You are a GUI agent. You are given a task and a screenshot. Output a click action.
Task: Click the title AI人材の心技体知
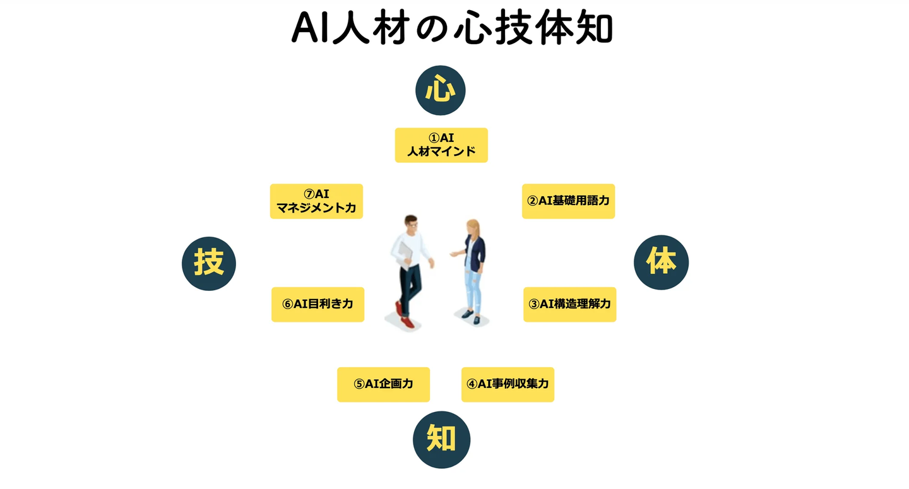(x=452, y=28)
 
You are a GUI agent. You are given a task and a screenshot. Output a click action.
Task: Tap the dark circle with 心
(x=441, y=90)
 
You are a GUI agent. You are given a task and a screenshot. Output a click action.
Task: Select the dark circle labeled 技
(x=209, y=264)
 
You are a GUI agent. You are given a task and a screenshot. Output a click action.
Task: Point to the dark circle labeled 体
(x=661, y=262)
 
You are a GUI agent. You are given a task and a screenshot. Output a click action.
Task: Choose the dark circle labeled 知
(x=441, y=440)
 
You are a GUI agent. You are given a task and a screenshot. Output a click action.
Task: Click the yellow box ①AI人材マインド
(x=441, y=145)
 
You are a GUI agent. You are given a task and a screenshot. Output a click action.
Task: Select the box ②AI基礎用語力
(x=568, y=201)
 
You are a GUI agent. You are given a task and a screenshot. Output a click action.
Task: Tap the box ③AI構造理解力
(x=570, y=305)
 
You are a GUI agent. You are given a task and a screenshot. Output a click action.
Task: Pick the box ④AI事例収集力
(x=508, y=384)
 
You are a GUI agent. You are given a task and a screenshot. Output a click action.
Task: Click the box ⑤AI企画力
(x=384, y=384)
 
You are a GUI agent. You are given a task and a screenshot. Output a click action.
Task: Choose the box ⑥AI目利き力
(x=318, y=305)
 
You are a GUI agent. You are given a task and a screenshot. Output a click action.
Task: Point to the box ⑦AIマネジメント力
(x=316, y=201)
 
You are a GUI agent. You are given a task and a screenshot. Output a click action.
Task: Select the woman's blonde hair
(x=474, y=231)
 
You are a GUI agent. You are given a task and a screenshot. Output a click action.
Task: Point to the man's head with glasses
(x=411, y=224)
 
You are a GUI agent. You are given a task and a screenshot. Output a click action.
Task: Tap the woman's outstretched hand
(x=454, y=254)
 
